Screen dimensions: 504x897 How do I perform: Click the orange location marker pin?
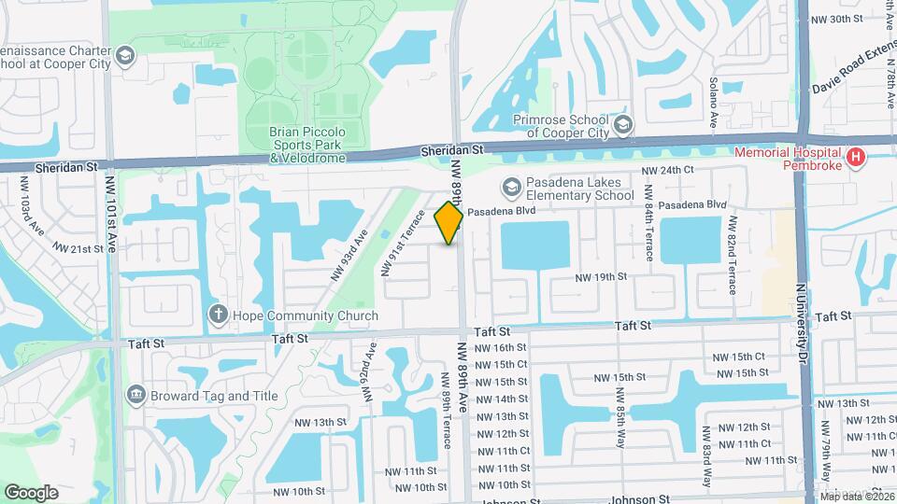coord(449,223)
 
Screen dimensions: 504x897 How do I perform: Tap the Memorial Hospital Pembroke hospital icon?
coord(854,158)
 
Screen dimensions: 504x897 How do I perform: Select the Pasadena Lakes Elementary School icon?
coord(511,189)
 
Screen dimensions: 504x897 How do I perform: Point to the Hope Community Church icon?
coord(218,315)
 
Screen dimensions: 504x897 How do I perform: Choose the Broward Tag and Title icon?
coord(136,395)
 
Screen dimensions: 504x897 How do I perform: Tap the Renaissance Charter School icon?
coord(124,57)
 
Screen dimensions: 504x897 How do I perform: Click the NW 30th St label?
coord(836,19)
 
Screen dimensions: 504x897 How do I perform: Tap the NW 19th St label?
coord(600,277)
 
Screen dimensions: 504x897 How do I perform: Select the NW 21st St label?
coord(78,249)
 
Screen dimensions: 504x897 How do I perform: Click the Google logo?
coord(31,492)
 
